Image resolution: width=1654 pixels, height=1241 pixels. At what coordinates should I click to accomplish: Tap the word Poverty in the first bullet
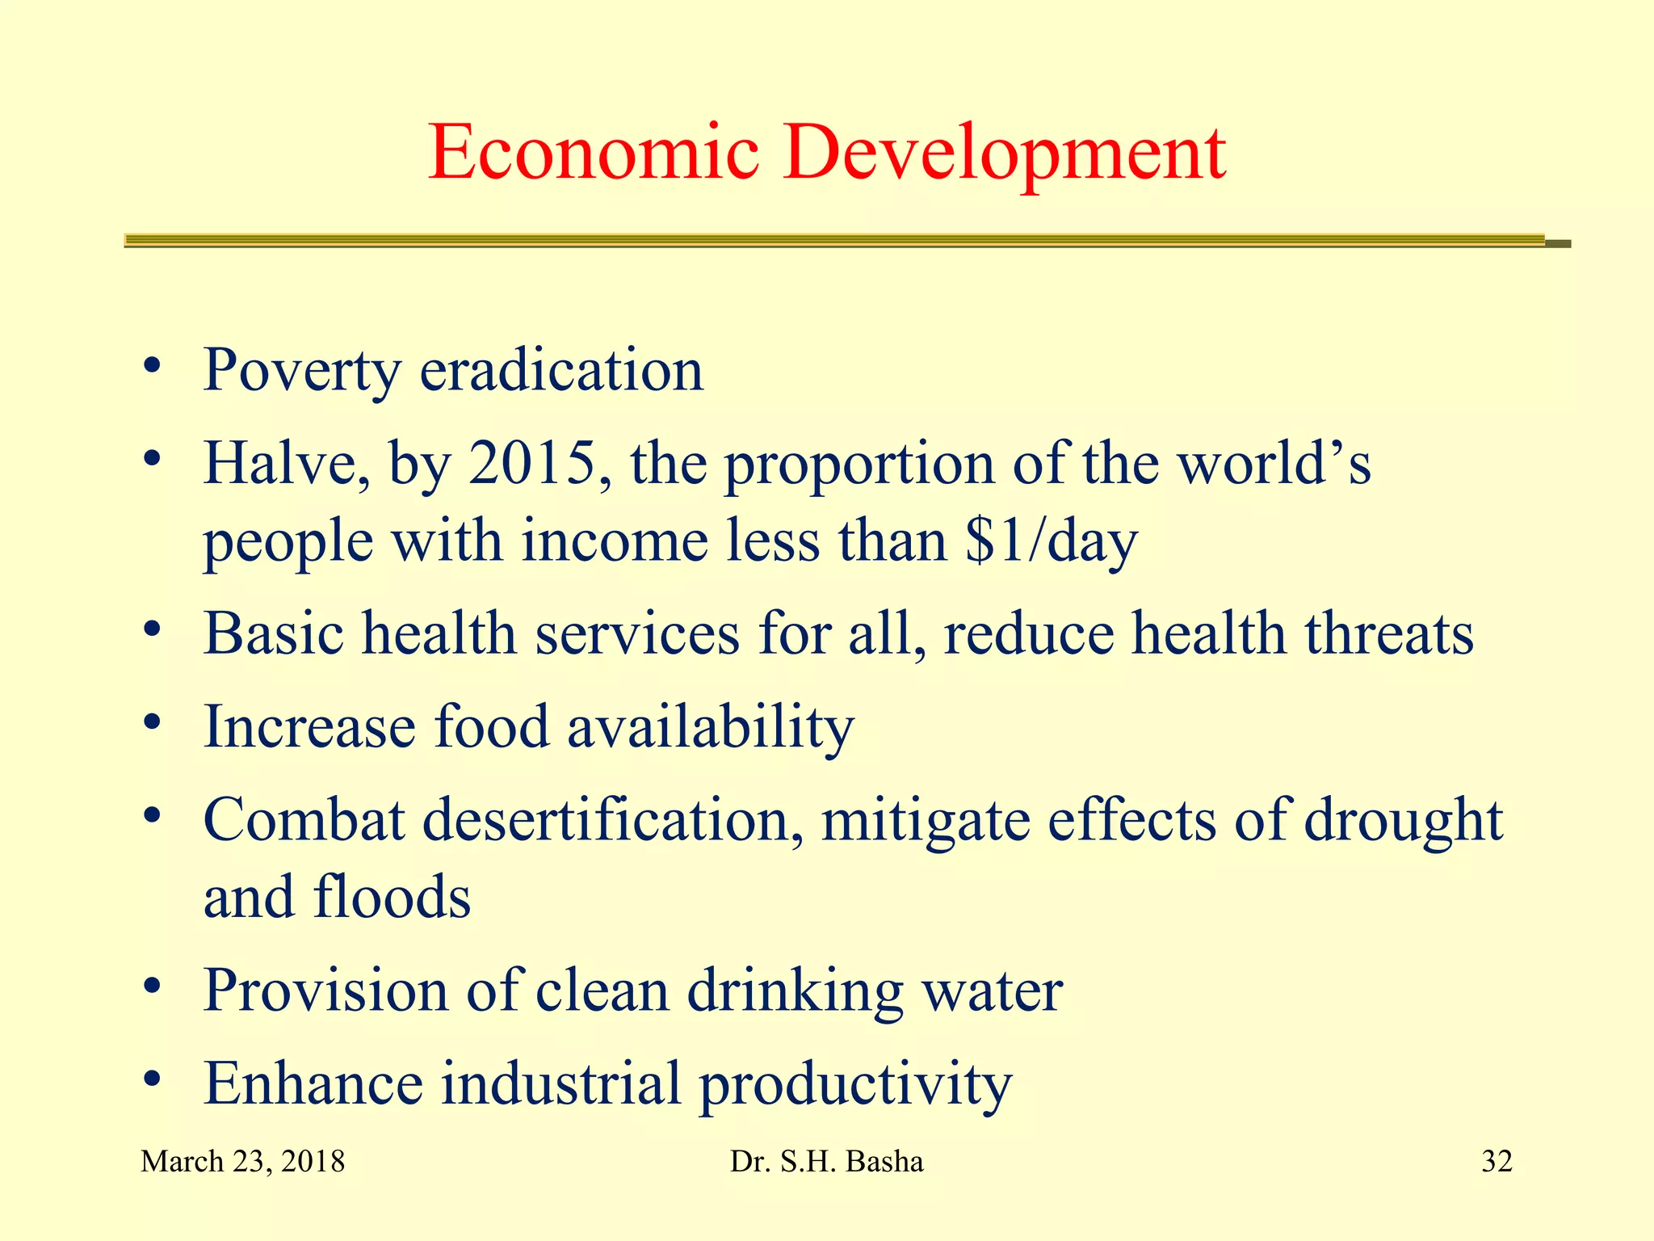301,370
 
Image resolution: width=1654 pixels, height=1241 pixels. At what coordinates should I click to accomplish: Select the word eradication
561,370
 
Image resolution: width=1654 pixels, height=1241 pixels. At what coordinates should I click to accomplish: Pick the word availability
710,727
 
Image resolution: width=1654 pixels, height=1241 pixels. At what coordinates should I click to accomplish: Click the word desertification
613,819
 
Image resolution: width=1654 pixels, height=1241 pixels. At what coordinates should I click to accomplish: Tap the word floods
392,897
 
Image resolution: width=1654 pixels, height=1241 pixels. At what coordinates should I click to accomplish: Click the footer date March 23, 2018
242,1162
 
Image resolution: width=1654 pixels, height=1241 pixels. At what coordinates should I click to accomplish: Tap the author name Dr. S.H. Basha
826,1162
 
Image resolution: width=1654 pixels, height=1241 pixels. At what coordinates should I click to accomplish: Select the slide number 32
1497,1162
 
